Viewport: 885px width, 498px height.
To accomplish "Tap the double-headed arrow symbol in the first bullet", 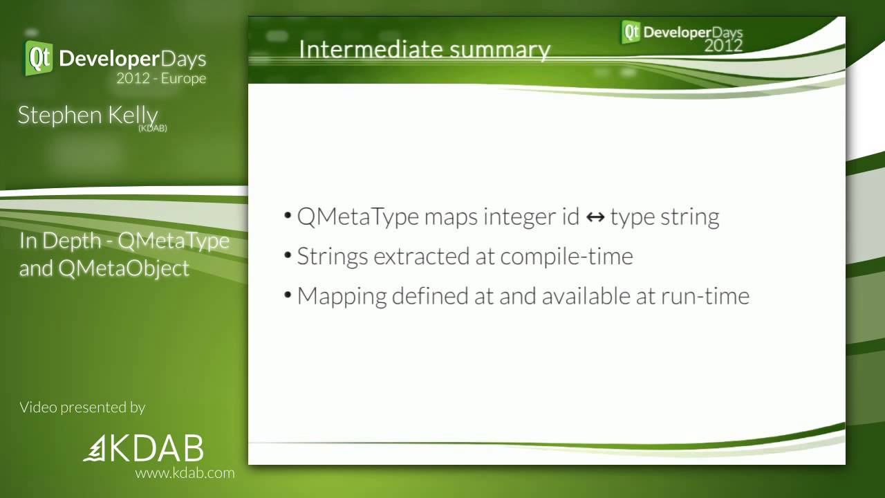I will tap(595, 217).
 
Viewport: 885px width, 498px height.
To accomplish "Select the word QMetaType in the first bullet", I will tap(357, 216).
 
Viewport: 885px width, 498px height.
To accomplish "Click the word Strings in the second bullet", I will tap(333, 257).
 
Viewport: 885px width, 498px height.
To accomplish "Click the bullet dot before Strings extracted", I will tap(288, 256).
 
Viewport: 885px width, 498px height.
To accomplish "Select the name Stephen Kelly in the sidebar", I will tap(88, 115).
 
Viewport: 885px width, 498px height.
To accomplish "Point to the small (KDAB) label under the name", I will tap(153, 129).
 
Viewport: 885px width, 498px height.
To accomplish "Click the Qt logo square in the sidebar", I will tap(39, 58).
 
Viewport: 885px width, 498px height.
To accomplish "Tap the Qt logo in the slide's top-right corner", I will tap(631, 32).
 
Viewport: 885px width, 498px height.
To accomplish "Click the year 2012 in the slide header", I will tap(723, 46).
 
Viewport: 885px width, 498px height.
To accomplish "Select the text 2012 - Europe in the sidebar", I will tap(160, 78).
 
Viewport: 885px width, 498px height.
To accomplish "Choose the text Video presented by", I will tap(82, 407).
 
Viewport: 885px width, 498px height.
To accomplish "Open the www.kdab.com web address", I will tap(184, 473).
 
